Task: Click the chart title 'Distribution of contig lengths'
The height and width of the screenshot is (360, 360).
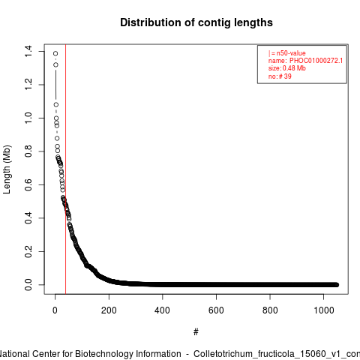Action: tap(196, 22)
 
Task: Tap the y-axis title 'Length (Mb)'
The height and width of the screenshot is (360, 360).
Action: tap(7, 169)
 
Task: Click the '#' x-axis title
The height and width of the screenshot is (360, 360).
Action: tap(196, 332)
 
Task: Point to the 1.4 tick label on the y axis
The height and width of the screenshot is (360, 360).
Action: tap(28, 51)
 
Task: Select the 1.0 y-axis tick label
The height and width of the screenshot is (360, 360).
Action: tap(28, 118)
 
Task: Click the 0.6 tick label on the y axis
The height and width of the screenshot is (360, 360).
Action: tap(28, 184)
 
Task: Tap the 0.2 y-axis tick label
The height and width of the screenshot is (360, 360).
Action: tap(28, 251)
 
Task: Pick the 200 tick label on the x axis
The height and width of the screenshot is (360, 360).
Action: tap(109, 310)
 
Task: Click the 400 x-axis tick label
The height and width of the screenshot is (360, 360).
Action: tap(163, 310)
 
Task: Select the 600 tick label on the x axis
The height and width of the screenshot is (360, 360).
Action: tap(216, 310)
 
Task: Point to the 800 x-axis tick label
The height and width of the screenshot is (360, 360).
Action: tap(270, 310)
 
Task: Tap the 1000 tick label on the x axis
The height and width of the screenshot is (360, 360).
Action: tap(324, 310)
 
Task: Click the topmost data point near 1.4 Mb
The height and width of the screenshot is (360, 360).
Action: tap(55, 53)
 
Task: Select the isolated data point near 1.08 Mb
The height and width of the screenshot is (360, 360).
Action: tap(56, 105)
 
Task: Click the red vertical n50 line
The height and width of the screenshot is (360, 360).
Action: tap(65, 169)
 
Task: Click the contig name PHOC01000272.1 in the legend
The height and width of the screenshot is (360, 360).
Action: tap(316, 61)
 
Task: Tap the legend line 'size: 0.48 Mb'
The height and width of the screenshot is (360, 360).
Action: tap(287, 68)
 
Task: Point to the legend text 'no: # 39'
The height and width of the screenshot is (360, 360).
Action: tap(280, 76)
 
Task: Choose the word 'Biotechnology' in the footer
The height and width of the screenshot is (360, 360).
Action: tap(128, 354)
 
